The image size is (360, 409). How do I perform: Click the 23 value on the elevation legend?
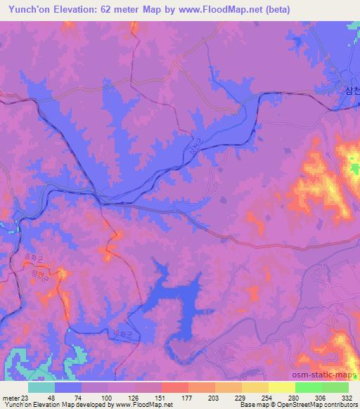tap(26, 397)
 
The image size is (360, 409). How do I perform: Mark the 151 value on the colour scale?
tap(161, 397)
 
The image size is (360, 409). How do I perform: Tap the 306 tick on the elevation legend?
tap(321, 397)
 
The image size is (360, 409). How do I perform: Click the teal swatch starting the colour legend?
tap(41, 387)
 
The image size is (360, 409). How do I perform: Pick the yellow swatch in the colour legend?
tap(282, 387)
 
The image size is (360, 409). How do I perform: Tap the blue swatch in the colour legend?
tap(68, 387)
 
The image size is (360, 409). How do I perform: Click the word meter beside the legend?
tap(10, 397)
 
